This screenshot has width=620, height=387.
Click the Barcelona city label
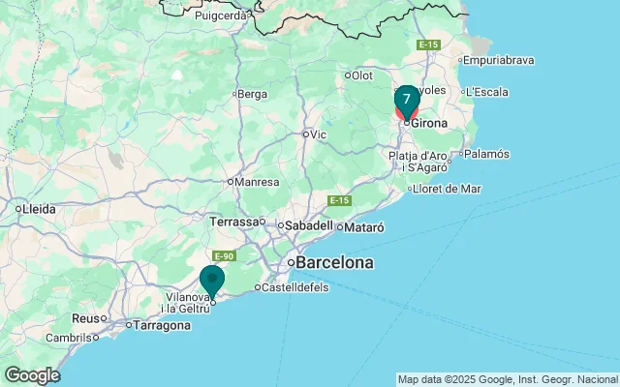pyautogui.click(x=334, y=262)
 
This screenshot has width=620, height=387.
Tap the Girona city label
pyautogui.click(x=429, y=123)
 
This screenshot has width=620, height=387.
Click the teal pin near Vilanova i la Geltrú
pyautogui.click(x=212, y=281)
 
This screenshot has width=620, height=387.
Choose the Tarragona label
pyautogui.click(x=162, y=325)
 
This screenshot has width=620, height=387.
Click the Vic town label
pyautogui.click(x=319, y=134)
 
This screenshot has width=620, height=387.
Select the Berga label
pyautogui.click(x=252, y=94)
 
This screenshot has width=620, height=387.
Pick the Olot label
pyautogui.click(x=361, y=74)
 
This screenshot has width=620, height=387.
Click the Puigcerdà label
pyautogui.click(x=222, y=15)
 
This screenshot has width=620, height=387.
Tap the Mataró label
pyautogui.click(x=364, y=227)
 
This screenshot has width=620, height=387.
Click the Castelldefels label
pyautogui.click(x=294, y=287)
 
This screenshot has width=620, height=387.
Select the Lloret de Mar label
pyautogui.click(x=447, y=189)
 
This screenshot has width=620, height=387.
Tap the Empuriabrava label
pyautogui.click(x=499, y=60)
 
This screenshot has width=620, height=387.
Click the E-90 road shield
pyautogui.click(x=224, y=256)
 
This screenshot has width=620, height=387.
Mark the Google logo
pyautogui.click(x=32, y=375)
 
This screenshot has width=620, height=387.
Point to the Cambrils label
pyautogui.click(x=70, y=338)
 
